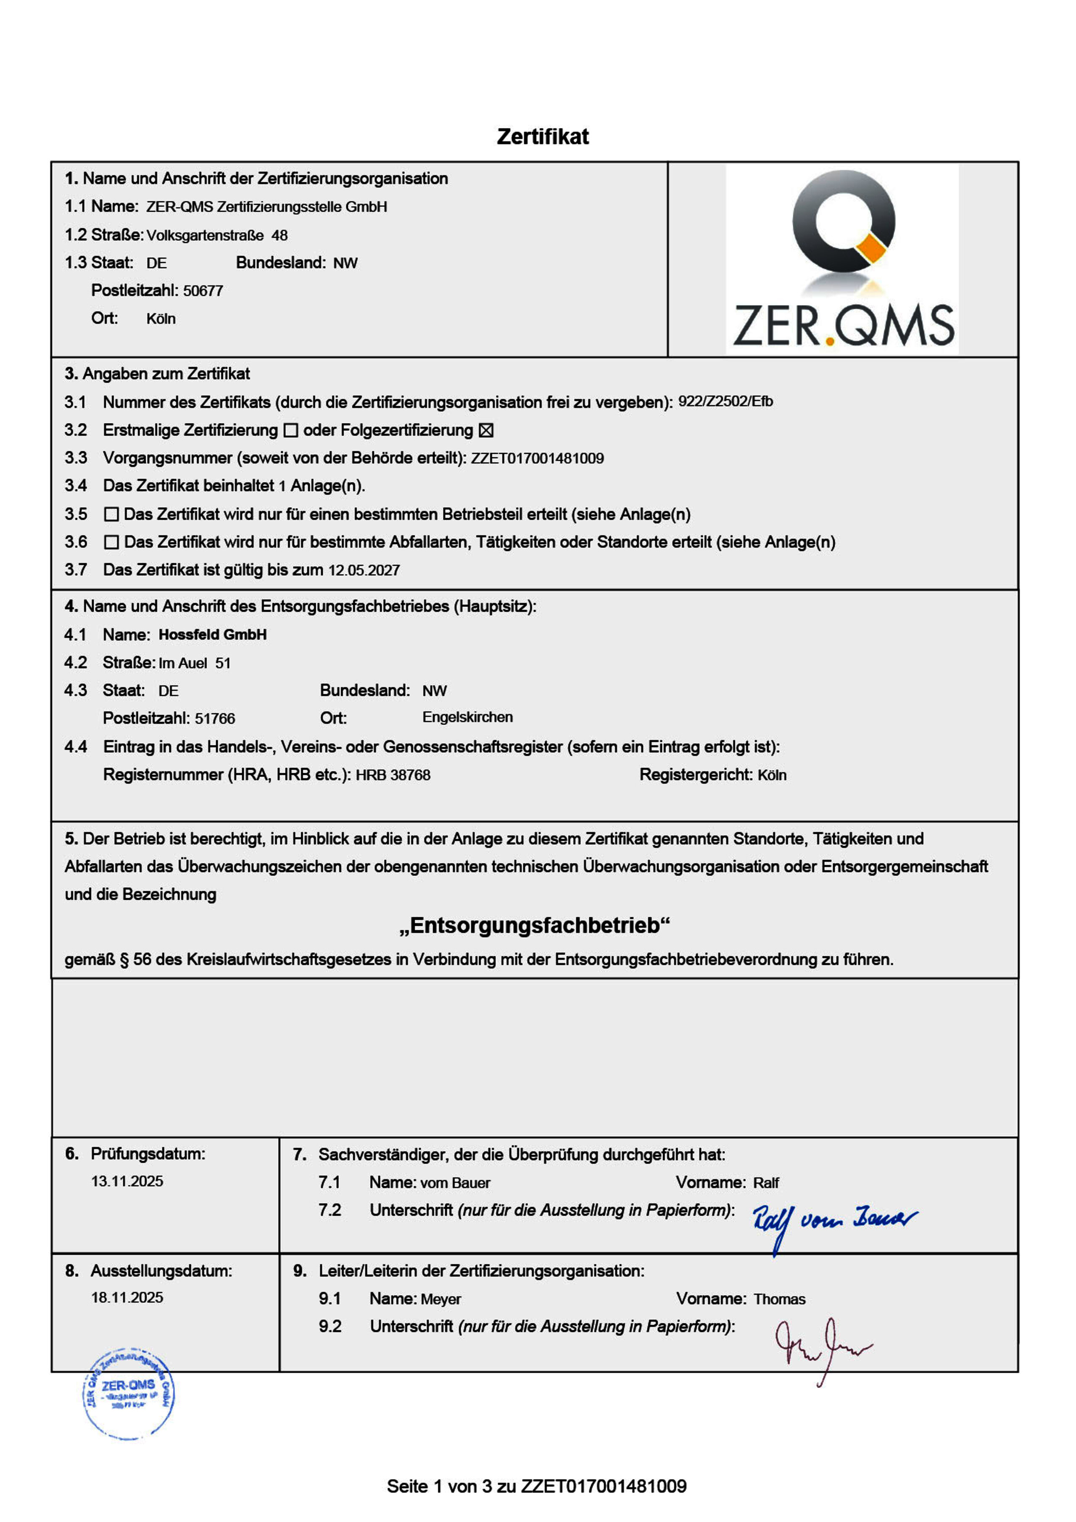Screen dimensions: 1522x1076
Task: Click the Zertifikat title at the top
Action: [x=542, y=137]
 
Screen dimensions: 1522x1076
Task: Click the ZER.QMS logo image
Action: [x=842, y=258]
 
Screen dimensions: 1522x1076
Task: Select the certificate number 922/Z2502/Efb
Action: [x=725, y=402]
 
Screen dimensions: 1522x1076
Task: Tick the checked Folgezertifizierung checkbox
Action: [x=486, y=431]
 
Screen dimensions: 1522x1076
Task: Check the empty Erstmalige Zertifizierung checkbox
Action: [x=290, y=431]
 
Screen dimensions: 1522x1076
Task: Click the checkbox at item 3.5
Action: [x=111, y=514]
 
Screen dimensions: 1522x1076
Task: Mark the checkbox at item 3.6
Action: [x=111, y=542]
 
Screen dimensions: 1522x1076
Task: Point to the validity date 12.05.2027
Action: [x=364, y=570]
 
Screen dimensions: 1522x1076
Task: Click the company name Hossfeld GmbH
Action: [x=212, y=635]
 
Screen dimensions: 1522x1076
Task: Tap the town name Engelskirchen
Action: [x=467, y=717]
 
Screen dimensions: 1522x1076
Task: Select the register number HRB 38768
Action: [x=393, y=775]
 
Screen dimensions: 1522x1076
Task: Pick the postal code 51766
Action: [x=215, y=719]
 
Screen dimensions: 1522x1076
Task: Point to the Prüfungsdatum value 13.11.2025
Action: [x=127, y=1181]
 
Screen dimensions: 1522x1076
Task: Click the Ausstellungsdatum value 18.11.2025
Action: [x=127, y=1297]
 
